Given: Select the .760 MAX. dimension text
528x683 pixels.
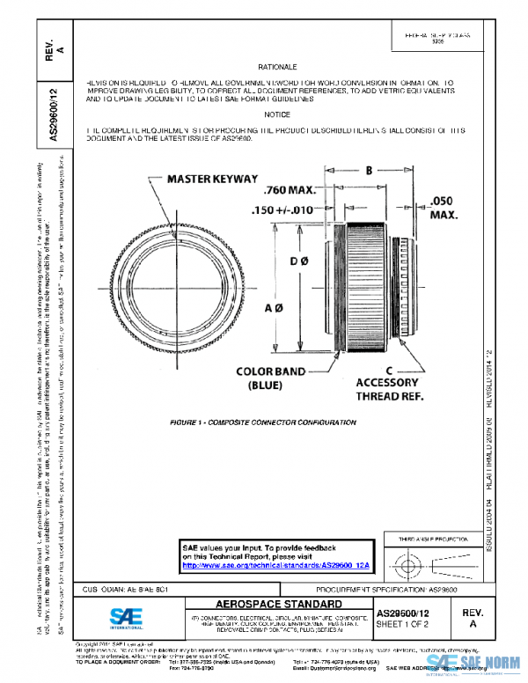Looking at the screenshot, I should (x=290, y=190).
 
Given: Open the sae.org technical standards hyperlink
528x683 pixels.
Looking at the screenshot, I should (x=275, y=564).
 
